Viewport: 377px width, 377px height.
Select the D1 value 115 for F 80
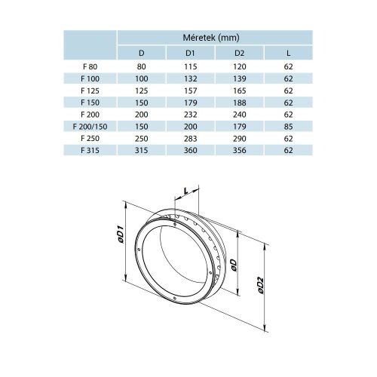click(x=192, y=66)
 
